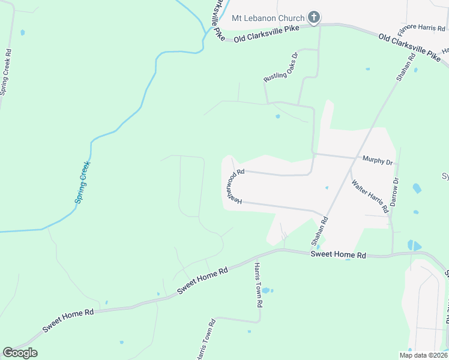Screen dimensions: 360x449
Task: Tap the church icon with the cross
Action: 313,18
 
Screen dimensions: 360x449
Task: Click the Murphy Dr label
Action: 378,160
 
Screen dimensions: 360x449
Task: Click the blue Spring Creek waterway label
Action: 82,182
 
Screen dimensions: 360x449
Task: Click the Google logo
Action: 20,353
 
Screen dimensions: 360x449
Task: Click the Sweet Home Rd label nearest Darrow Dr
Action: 338,255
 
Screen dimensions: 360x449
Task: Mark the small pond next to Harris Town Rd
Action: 266,290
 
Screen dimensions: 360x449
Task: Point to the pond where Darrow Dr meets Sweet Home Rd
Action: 414,245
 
